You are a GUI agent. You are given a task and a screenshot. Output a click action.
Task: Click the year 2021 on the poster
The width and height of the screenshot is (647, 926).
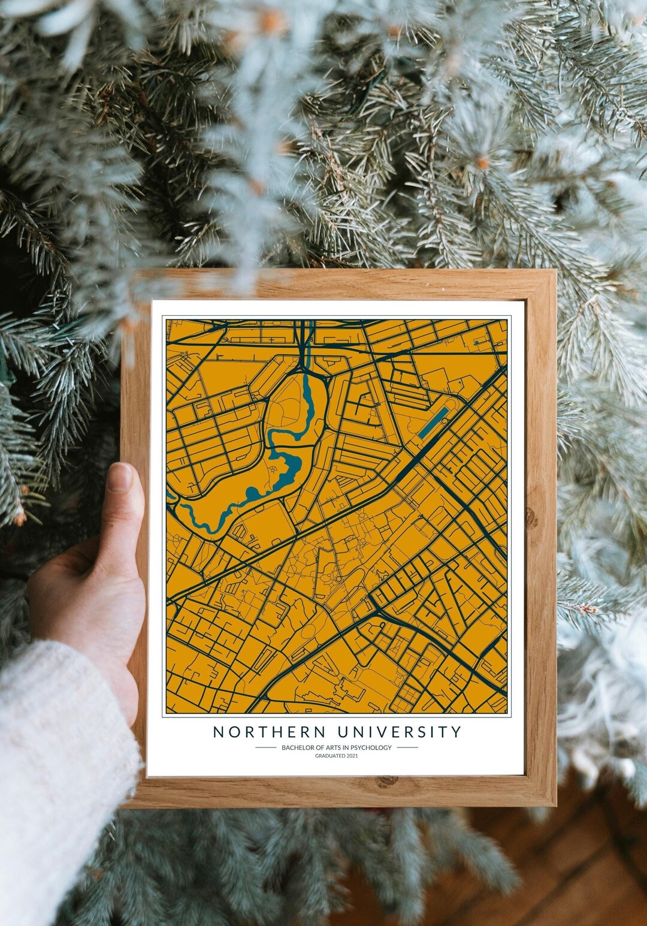(x=352, y=756)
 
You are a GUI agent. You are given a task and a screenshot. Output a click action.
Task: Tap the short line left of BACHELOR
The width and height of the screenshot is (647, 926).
(x=265, y=747)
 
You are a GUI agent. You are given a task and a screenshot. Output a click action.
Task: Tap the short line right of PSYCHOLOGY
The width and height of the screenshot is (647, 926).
(x=407, y=747)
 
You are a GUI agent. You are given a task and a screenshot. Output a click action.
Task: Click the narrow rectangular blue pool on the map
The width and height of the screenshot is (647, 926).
(x=432, y=423)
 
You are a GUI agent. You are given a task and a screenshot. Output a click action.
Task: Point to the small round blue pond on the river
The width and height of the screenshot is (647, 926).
(x=252, y=493)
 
